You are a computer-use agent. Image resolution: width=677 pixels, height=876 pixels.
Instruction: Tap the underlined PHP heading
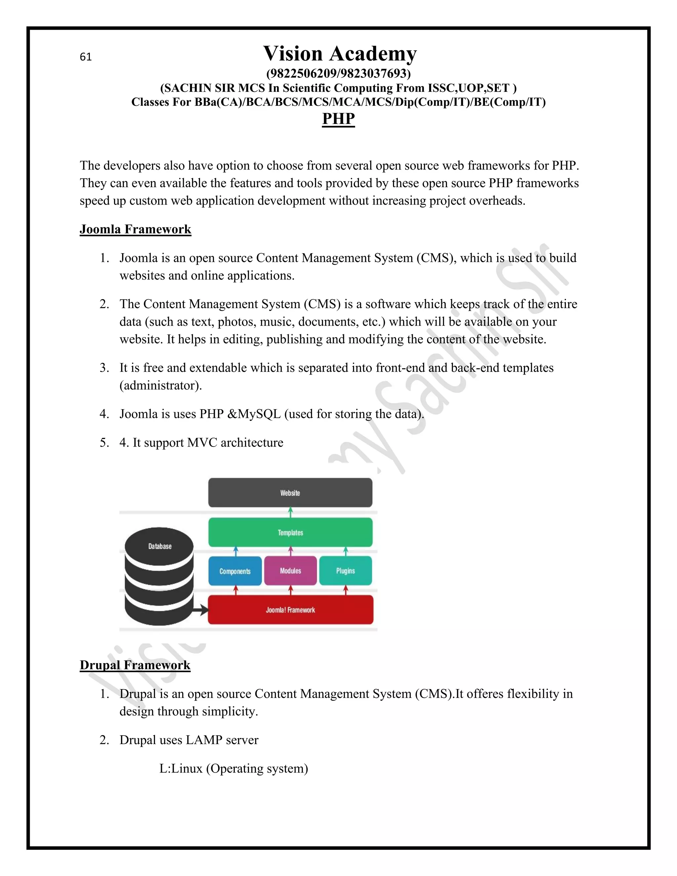tap(338, 119)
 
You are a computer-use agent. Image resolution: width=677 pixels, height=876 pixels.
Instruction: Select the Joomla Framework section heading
tap(135, 229)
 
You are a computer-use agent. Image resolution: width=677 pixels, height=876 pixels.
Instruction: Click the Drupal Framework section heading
tap(135, 665)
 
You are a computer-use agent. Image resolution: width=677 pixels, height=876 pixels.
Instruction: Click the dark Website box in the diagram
tap(290, 493)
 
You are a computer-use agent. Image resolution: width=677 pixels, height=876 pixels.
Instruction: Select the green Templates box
tap(290, 532)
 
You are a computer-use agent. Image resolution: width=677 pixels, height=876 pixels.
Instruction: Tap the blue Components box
tap(235, 571)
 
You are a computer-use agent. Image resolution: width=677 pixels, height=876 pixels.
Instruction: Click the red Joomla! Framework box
tap(290, 610)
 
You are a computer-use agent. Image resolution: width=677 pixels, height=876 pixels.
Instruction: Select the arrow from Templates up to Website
tap(290, 512)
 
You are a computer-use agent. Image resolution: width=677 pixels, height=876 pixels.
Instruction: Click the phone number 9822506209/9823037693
tap(338, 73)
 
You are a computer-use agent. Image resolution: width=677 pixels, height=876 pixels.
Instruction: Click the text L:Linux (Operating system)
tap(233, 768)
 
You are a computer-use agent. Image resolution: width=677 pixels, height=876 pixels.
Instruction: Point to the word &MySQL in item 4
tap(254, 414)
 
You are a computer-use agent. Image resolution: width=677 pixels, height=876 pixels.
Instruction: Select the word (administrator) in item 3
tap(160, 385)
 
